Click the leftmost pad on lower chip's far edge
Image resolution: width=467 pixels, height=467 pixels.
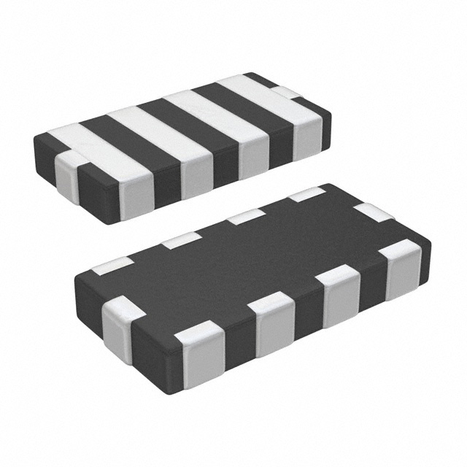113,266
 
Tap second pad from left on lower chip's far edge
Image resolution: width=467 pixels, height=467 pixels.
180,240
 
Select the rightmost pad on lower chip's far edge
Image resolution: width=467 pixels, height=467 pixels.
306,194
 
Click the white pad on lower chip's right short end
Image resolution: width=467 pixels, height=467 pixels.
374,213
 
